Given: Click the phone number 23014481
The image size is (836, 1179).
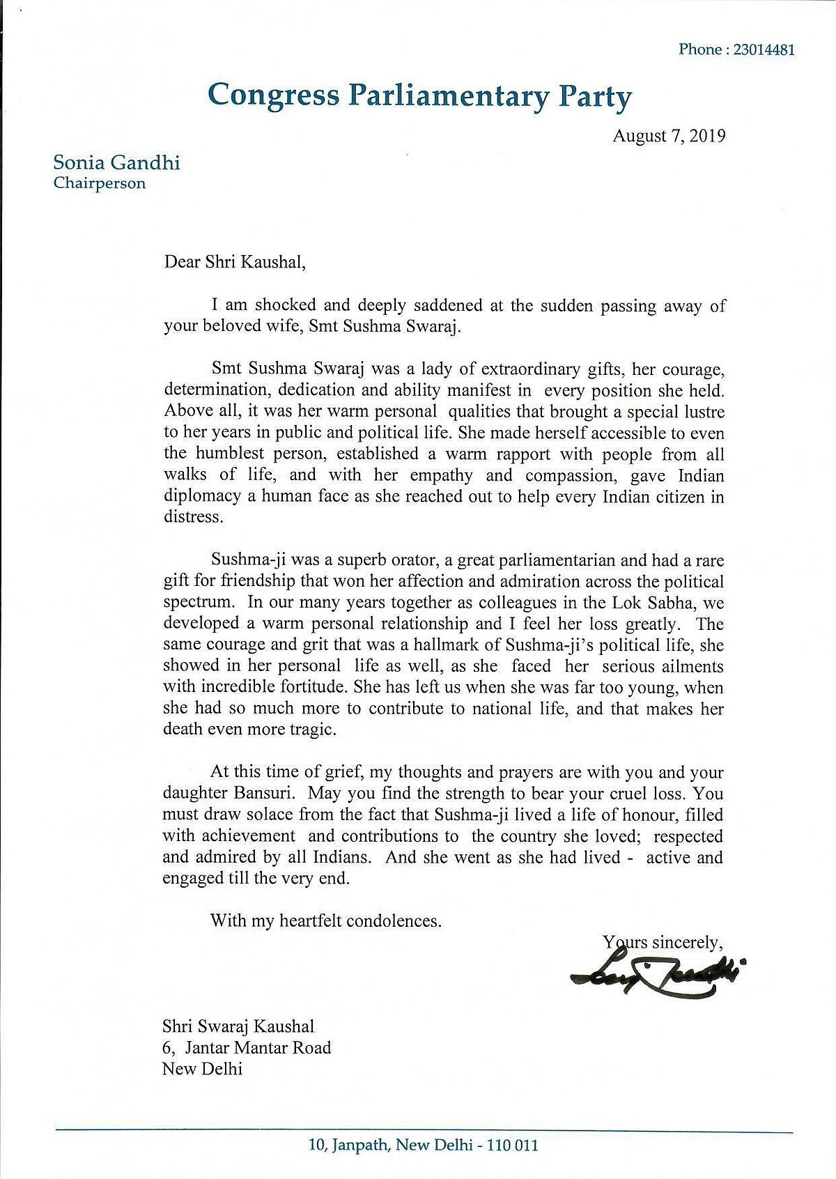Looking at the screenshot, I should [x=759, y=49].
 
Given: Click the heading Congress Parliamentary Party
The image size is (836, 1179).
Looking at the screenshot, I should [x=419, y=95].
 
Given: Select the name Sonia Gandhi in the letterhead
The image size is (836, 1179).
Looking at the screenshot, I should [x=116, y=163].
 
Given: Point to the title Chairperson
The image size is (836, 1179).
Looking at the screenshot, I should [x=100, y=184].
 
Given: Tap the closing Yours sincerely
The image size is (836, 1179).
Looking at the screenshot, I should [x=663, y=942].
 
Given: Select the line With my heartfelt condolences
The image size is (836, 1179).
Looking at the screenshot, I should [x=326, y=920].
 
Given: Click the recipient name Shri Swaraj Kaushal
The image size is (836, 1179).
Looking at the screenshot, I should [x=238, y=1026].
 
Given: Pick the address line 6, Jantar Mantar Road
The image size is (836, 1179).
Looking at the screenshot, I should [x=247, y=1047].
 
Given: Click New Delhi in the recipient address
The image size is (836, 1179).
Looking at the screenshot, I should [x=202, y=1069].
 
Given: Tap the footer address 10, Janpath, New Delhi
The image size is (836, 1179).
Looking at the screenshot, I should [x=423, y=1145].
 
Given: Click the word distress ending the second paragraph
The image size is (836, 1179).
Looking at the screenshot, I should [x=193, y=518].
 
